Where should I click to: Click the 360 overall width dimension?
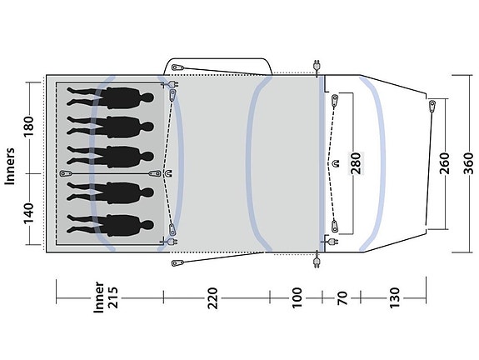pyautogui.click(x=467, y=163)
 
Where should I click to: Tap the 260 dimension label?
pyautogui.click(x=445, y=163)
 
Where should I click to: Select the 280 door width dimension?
pyautogui.click(x=356, y=163)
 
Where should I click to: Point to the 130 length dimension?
pyautogui.click(x=394, y=297)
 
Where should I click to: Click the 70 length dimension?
pyautogui.click(x=342, y=298)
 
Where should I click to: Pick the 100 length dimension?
pyautogui.click(x=297, y=297)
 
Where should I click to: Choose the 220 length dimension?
pyautogui.click(x=212, y=298)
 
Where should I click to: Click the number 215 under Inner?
pyautogui.click(x=112, y=297)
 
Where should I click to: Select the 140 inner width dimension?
pyautogui.click(x=28, y=213)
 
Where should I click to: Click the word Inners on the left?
pyautogui.click(x=10, y=166)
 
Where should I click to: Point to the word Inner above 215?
pyautogui.click(x=98, y=297)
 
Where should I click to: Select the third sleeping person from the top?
pyautogui.click(x=110, y=157)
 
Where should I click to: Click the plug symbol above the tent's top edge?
pyautogui.click(x=317, y=66)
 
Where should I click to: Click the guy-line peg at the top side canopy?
pyautogui.click(x=177, y=67)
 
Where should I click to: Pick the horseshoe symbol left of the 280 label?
pyautogui.click(x=337, y=163)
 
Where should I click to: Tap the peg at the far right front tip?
pyautogui.click(x=432, y=106)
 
